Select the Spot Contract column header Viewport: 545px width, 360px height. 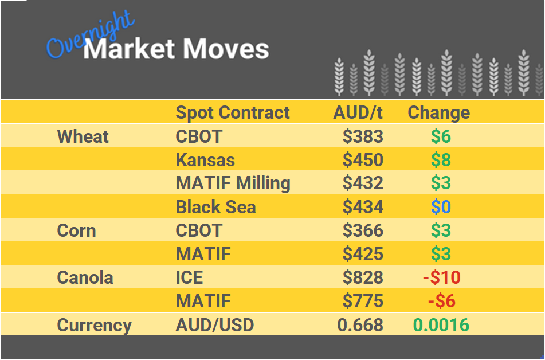(x=233, y=112)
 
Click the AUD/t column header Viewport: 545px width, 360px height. (x=358, y=112)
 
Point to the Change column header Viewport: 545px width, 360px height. (x=438, y=112)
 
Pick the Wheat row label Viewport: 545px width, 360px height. (x=83, y=136)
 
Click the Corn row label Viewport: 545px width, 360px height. (x=76, y=230)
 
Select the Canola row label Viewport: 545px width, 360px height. (x=85, y=277)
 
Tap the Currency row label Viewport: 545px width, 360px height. (x=94, y=325)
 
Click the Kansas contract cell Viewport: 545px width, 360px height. (x=205, y=160)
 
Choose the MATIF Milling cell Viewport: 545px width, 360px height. (x=233, y=183)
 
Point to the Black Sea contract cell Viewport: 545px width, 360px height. (x=215, y=207)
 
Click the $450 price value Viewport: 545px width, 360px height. (x=363, y=160)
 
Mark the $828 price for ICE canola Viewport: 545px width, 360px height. (x=363, y=277)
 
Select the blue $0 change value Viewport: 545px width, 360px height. (x=441, y=207)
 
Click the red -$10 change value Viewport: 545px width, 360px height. (x=441, y=277)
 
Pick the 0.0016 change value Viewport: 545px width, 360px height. (x=441, y=325)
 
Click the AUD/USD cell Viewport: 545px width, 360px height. (x=214, y=325)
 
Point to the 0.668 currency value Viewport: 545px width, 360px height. (x=360, y=325)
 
